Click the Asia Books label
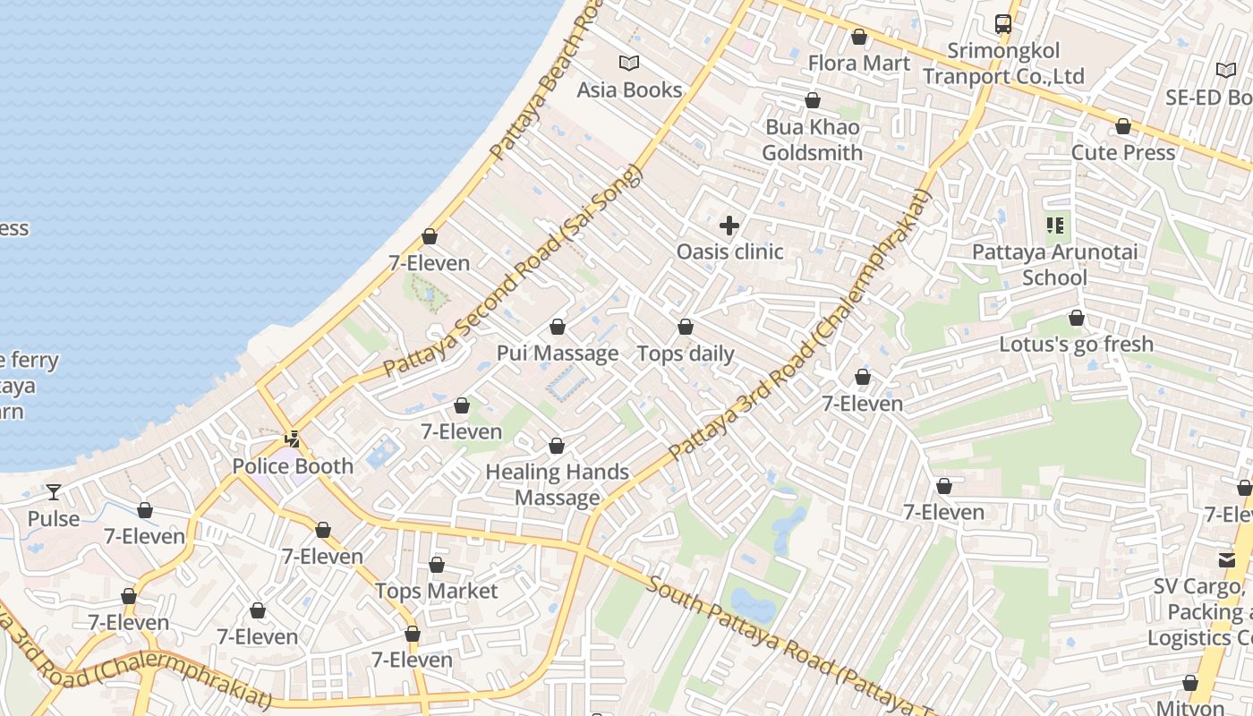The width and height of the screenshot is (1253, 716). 629,89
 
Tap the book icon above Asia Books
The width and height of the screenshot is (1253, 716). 629,63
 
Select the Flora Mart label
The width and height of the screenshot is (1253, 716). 858,63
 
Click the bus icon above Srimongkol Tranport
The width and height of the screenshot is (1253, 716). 1003,24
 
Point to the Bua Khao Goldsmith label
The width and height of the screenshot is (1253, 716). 812,140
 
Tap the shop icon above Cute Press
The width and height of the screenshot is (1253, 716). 1123,126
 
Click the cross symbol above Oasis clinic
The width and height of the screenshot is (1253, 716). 729,226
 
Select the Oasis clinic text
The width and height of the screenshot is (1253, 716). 729,251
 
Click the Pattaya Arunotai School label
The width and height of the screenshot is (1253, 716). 1055,264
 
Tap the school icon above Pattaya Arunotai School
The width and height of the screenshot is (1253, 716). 1055,226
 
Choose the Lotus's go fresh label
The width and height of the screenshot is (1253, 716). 1076,344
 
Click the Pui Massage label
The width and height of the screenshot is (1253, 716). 558,353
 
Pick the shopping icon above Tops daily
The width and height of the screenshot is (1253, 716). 686,328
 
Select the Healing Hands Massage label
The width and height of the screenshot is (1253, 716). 557,484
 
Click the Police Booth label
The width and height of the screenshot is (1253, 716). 293,465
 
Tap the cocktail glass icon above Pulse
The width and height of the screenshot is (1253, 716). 54,492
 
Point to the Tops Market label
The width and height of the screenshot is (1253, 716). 436,591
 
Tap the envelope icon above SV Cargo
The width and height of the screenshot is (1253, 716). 1226,560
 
